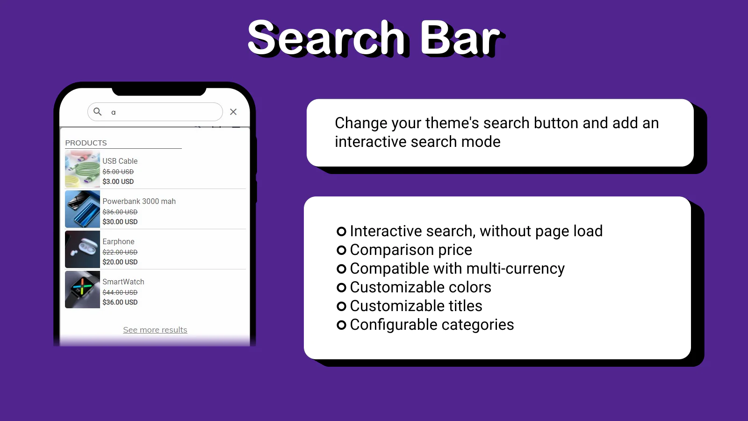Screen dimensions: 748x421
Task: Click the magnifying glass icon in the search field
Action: point(97,112)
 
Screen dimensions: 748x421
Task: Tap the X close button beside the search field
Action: point(233,112)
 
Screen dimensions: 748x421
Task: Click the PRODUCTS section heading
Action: point(86,143)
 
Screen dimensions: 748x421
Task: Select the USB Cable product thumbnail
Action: point(82,169)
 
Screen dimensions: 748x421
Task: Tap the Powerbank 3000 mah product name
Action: point(139,201)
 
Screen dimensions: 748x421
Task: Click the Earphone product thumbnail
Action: point(82,249)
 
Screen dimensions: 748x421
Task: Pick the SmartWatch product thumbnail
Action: point(82,290)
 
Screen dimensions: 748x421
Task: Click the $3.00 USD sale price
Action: point(118,181)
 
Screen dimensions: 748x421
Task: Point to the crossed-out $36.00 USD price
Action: point(120,212)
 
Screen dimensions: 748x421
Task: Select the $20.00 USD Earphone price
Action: point(120,262)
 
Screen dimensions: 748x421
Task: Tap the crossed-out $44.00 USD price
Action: point(120,292)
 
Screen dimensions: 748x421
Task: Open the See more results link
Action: point(155,330)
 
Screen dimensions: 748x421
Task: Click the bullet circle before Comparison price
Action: point(341,250)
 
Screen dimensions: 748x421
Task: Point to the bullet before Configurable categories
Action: point(341,325)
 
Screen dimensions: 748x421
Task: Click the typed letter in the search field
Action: point(114,113)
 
